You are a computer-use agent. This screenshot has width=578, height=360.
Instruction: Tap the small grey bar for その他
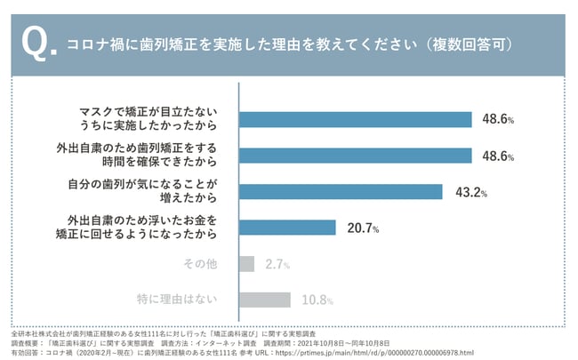click(247, 263)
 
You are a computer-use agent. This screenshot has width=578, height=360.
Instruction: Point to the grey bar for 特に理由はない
click(265, 300)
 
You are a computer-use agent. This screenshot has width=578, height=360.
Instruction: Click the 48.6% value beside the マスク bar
click(496, 119)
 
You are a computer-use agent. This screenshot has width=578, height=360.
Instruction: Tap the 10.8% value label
click(318, 300)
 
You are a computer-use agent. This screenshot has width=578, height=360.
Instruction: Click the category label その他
click(200, 263)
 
